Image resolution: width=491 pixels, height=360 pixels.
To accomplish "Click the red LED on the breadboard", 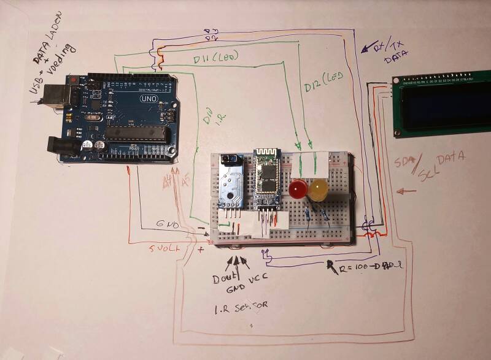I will click(x=299, y=189).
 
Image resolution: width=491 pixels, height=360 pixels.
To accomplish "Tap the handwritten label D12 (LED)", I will click(x=323, y=82).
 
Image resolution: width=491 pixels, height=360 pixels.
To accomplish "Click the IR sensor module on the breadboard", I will click(x=231, y=181).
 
